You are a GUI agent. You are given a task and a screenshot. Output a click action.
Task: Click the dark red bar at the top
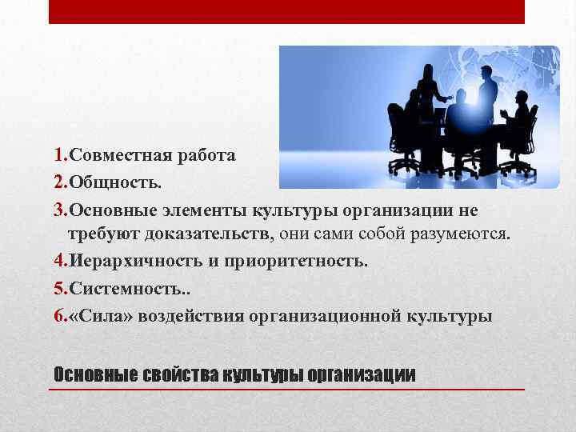pyautogui.click(x=286, y=12)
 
